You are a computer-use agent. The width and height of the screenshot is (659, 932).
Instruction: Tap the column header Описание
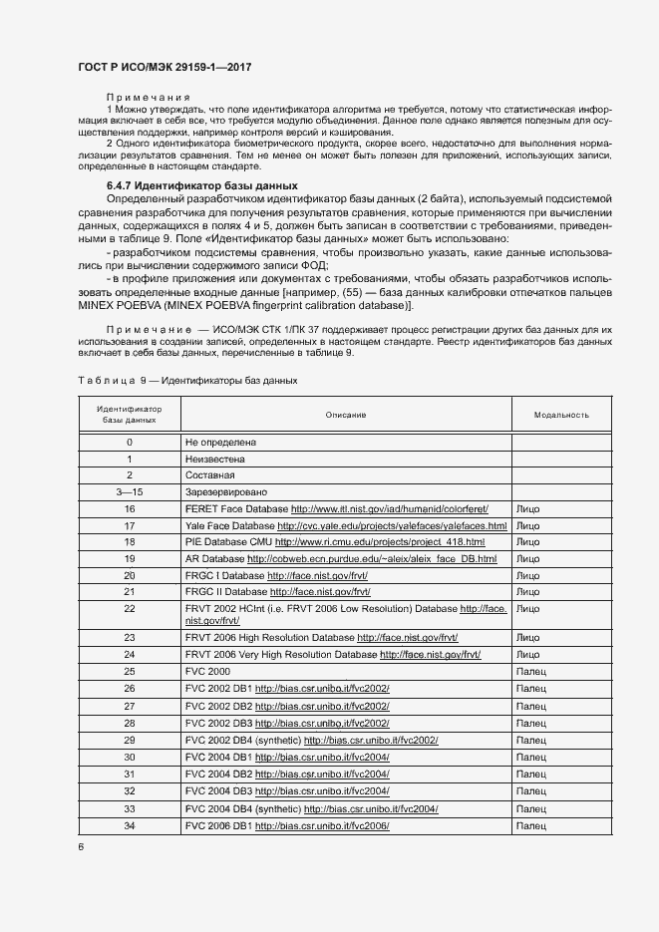345,415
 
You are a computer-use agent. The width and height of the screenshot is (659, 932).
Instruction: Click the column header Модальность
561,415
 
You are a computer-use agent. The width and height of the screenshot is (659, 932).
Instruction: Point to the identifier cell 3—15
130,492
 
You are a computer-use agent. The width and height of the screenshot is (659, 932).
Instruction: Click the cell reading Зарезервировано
226,492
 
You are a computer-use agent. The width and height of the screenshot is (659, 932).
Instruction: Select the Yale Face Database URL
392,525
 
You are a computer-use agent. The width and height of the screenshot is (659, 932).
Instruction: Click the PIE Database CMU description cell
335,542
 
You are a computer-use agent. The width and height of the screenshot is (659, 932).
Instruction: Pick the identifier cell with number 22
130,608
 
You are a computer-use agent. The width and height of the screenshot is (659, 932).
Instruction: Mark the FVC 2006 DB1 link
321,826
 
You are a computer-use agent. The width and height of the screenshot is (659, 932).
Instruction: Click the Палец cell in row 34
532,826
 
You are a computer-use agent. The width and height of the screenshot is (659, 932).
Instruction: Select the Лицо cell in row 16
528,508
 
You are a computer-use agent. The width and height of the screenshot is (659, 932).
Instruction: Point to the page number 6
81,847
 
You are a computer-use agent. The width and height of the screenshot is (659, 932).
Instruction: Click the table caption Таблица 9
110,381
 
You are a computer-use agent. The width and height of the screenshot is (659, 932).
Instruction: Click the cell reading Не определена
220,442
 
